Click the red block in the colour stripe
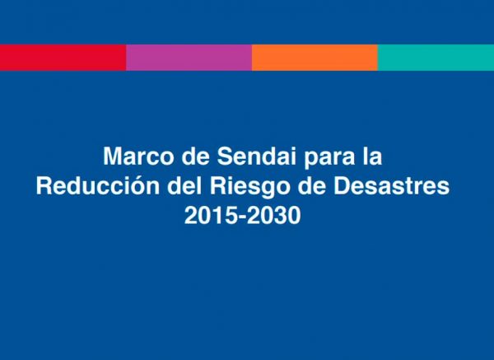click(x=63, y=58)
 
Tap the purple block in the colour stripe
click(x=189, y=58)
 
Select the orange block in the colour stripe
click(x=315, y=58)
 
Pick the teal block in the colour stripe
click(x=436, y=58)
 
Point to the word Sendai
click(x=256, y=157)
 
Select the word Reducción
click(x=98, y=186)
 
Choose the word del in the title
click(x=184, y=186)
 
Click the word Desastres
click(x=391, y=186)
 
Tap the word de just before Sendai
click(x=196, y=157)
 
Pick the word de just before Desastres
click(x=312, y=186)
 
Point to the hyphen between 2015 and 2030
click(x=243, y=217)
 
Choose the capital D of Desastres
click(x=342, y=186)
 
